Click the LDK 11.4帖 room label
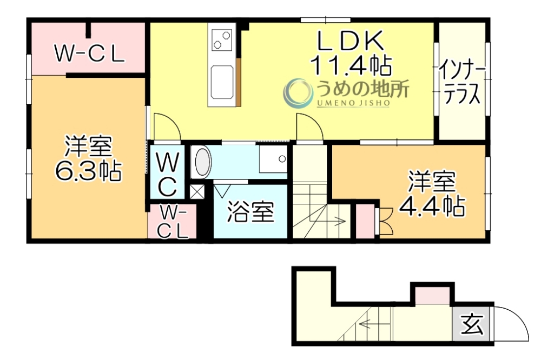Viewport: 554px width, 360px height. [351, 53]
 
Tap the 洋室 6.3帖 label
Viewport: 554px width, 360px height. [88, 159]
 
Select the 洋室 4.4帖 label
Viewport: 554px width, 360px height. [431, 194]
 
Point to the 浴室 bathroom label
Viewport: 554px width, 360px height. [249, 212]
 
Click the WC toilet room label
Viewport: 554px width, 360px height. [168, 174]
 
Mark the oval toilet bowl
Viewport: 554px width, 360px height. [202, 162]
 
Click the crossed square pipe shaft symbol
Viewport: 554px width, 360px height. [197, 191]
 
